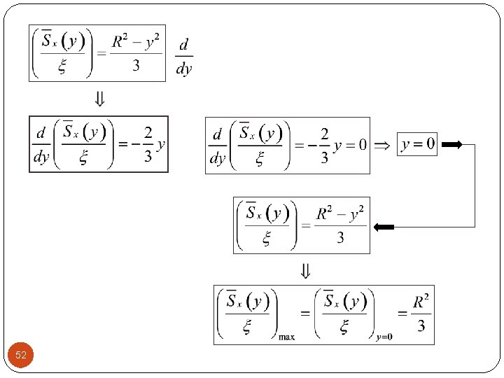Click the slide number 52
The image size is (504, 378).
click(x=21, y=356)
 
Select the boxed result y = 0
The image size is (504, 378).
click(x=416, y=144)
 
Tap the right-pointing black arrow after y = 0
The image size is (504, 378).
click(x=452, y=145)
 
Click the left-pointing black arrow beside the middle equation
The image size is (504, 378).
click(x=384, y=227)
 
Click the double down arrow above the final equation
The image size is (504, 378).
click(x=305, y=269)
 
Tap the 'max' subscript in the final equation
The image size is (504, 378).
click(x=287, y=337)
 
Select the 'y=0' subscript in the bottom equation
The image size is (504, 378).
click(x=384, y=337)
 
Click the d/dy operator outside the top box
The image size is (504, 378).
click(x=183, y=56)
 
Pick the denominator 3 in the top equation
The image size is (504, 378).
click(x=136, y=66)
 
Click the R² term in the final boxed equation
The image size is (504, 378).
click(x=420, y=302)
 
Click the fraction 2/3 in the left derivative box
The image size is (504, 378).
click(x=148, y=145)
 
